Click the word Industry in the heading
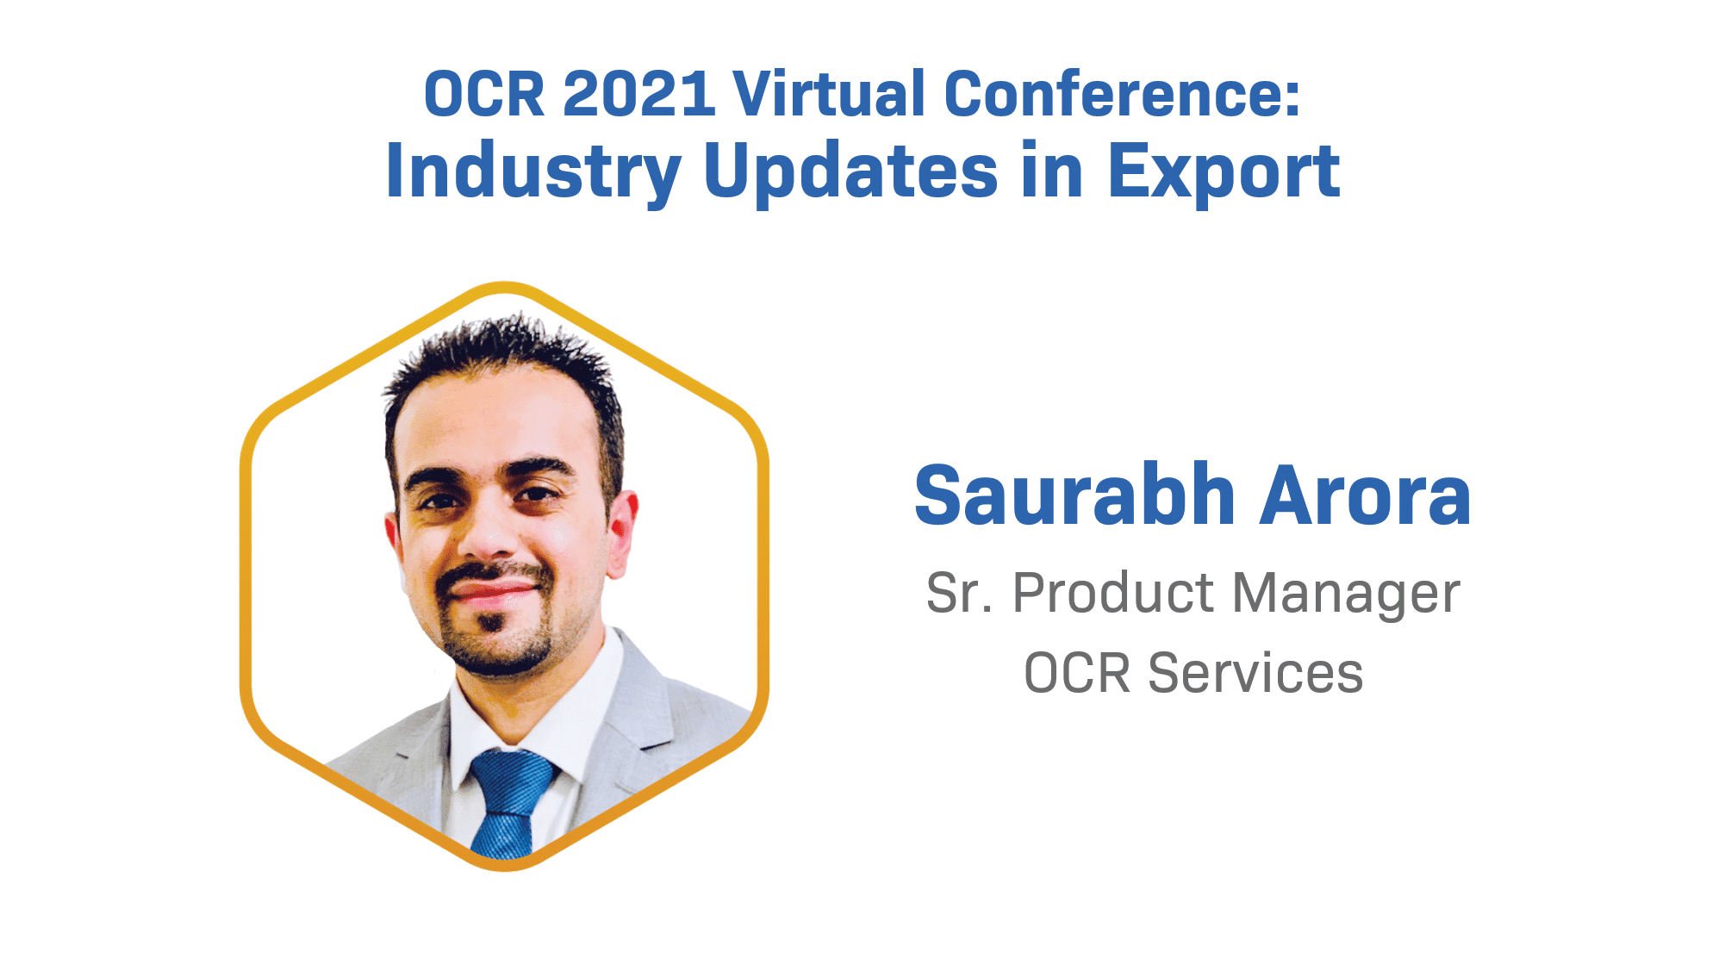click(533, 172)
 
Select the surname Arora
click(1365, 496)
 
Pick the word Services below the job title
click(1255, 673)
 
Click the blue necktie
click(510, 801)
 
